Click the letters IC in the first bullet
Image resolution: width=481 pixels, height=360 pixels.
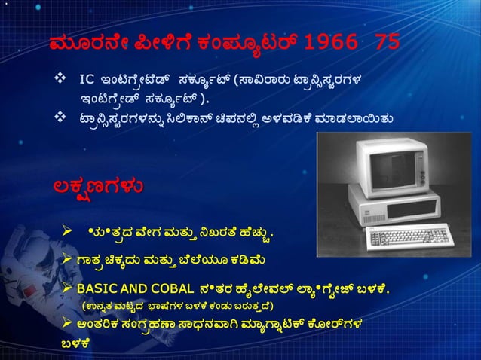[x=88, y=79]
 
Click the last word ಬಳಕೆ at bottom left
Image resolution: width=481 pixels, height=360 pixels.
[x=75, y=343]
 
